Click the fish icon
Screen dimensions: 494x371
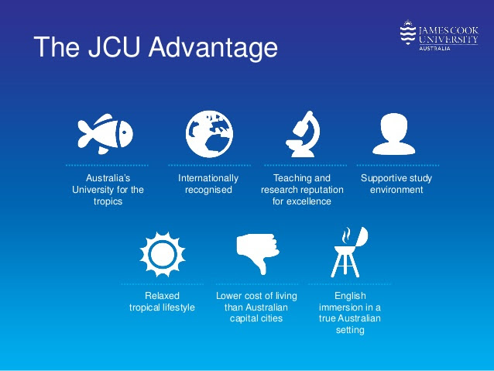click(105, 134)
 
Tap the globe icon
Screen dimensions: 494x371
click(209, 134)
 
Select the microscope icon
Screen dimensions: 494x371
click(303, 134)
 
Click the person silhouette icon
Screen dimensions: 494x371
click(394, 134)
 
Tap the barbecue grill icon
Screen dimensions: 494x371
click(348, 252)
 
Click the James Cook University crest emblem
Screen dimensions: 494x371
click(408, 33)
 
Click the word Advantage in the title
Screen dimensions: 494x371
click(213, 47)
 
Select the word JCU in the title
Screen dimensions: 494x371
click(114, 46)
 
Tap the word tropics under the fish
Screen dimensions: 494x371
click(108, 201)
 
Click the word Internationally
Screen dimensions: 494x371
click(208, 178)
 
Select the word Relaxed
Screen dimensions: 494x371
click(163, 296)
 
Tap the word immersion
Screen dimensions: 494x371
click(341, 307)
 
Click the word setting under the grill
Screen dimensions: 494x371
click(350, 330)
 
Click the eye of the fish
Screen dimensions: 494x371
click(124, 132)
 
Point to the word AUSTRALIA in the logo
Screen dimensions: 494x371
click(434, 49)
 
